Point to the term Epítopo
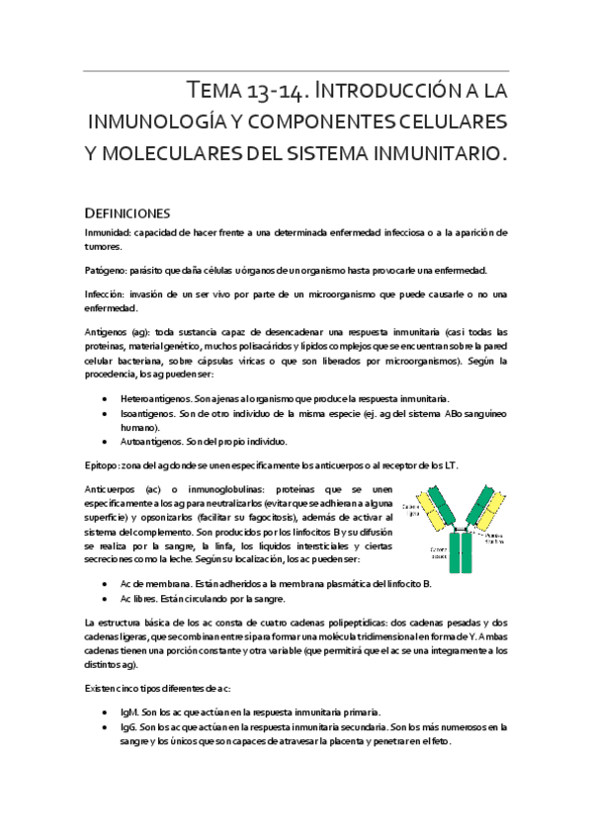click(103, 464)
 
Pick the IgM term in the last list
click(128, 712)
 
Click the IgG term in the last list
click(127, 727)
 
